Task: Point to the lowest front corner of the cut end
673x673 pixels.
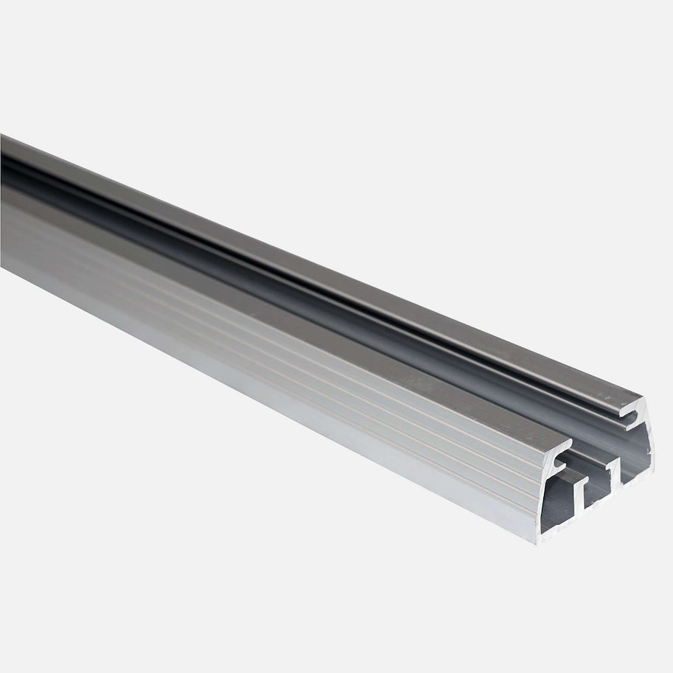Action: click(x=539, y=541)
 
